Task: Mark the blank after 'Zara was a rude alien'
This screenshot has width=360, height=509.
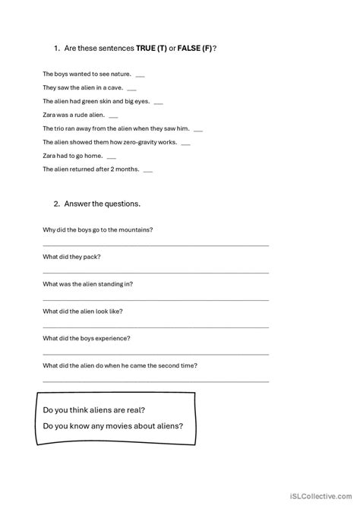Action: click(113, 117)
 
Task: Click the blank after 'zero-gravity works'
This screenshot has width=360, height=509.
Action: click(186, 144)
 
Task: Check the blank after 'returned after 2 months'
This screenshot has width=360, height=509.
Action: click(147, 171)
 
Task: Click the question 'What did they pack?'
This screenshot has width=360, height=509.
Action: click(73, 256)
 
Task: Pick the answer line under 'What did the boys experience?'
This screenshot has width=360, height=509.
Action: click(155, 354)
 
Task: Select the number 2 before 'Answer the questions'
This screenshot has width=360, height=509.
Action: click(57, 204)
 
